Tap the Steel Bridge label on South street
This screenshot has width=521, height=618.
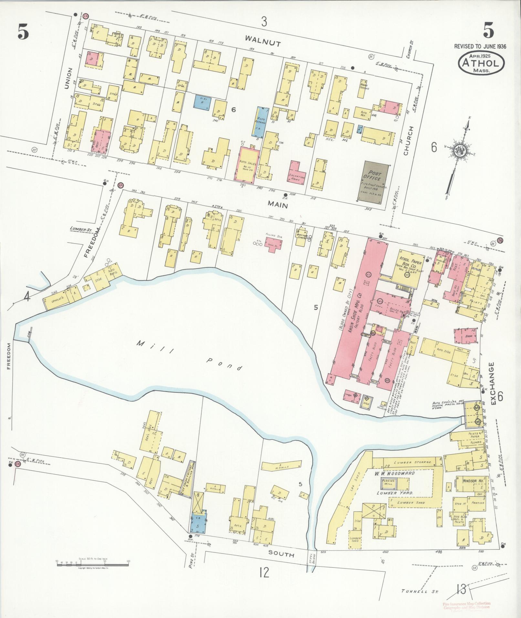(311, 557)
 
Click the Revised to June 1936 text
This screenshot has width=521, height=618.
(480, 47)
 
